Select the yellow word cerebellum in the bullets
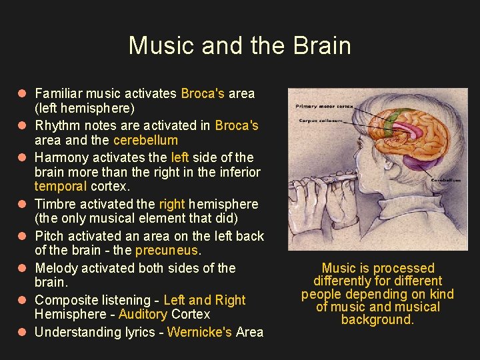pos(145,140)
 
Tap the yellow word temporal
pos(61,187)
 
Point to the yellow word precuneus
pos(167,251)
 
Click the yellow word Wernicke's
pos(198,332)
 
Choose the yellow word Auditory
pos(143,314)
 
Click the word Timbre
pos(55,204)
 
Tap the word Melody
pos(57,268)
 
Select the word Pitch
pos(49,236)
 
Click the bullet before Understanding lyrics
pos(23,332)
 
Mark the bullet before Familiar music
pos(23,94)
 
